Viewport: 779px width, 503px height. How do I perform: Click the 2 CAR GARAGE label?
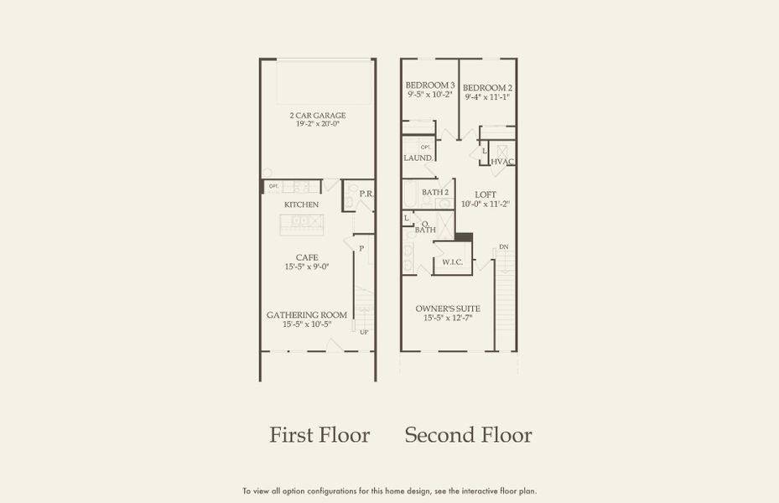tap(318, 115)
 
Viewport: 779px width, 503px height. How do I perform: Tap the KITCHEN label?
tap(301, 205)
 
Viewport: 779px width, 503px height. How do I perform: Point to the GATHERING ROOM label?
tap(306, 314)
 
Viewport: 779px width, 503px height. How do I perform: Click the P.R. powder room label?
tap(366, 194)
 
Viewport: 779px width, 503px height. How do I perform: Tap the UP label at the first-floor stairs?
tap(364, 333)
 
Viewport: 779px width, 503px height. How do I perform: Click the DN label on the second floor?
tap(503, 247)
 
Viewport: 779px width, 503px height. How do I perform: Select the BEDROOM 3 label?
tap(430, 86)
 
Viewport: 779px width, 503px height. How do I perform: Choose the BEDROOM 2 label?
tap(487, 87)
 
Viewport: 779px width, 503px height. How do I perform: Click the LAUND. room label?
tap(418, 158)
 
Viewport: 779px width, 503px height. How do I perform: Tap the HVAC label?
tap(502, 161)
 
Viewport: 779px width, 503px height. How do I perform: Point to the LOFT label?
tap(486, 194)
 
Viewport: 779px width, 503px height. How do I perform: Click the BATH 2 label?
tap(435, 192)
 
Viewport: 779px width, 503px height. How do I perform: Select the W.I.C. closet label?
tap(453, 262)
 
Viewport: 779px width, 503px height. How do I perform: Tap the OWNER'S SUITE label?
tap(448, 309)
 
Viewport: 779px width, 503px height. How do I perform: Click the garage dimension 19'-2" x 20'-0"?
tap(318, 124)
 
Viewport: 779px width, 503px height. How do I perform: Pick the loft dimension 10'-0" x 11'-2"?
tap(486, 204)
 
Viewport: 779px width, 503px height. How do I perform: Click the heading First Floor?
tap(319, 435)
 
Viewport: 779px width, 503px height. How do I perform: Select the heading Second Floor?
tap(468, 435)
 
